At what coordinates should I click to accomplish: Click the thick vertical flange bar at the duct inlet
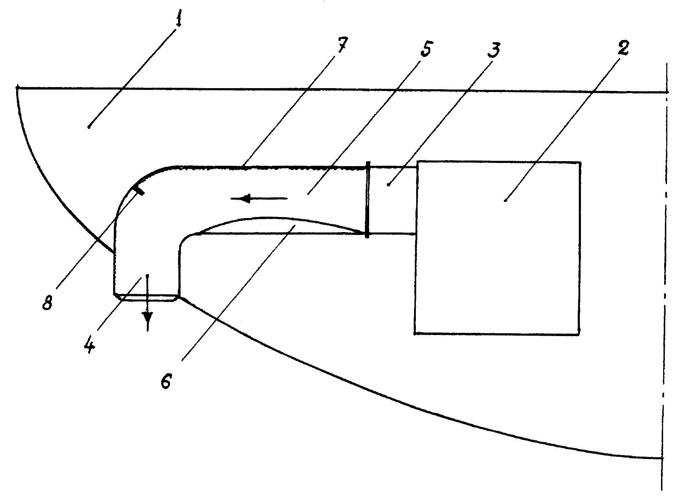click(x=367, y=199)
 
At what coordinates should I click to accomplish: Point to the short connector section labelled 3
click(x=392, y=199)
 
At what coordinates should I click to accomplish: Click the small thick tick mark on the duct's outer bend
click(x=139, y=189)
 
